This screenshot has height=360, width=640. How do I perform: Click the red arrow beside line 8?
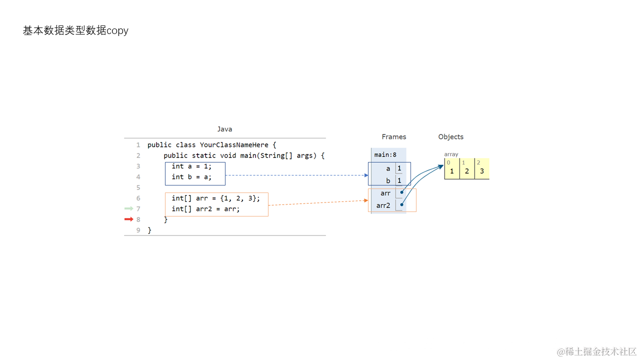(129, 219)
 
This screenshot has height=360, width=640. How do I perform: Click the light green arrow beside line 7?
(129, 208)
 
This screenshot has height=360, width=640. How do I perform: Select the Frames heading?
(393, 137)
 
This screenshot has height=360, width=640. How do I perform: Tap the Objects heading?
(450, 137)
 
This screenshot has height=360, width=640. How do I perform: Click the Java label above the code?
(224, 129)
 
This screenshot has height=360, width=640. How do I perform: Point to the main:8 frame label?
(385, 155)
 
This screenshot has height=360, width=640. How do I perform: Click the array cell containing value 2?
(467, 169)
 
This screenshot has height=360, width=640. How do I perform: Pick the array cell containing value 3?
(482, 169)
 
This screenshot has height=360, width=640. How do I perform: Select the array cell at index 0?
(451, 169)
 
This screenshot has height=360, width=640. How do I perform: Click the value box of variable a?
(399, 168)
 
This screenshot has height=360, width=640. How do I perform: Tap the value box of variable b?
(399, 180)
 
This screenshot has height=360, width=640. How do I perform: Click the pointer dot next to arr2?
(401, 204)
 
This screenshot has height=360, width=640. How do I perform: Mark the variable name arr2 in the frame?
(383, 205)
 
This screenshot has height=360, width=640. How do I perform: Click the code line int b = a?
(191, 177)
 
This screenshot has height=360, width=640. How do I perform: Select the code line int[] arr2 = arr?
(205, 209)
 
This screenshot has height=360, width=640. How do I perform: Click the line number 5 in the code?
(138, 187)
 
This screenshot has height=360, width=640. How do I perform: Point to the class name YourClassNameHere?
(234, 145)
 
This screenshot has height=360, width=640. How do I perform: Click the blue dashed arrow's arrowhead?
(366, 175)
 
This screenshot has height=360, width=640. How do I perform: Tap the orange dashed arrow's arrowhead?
(366, 200)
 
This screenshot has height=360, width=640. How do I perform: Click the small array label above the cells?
(451, 154)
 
